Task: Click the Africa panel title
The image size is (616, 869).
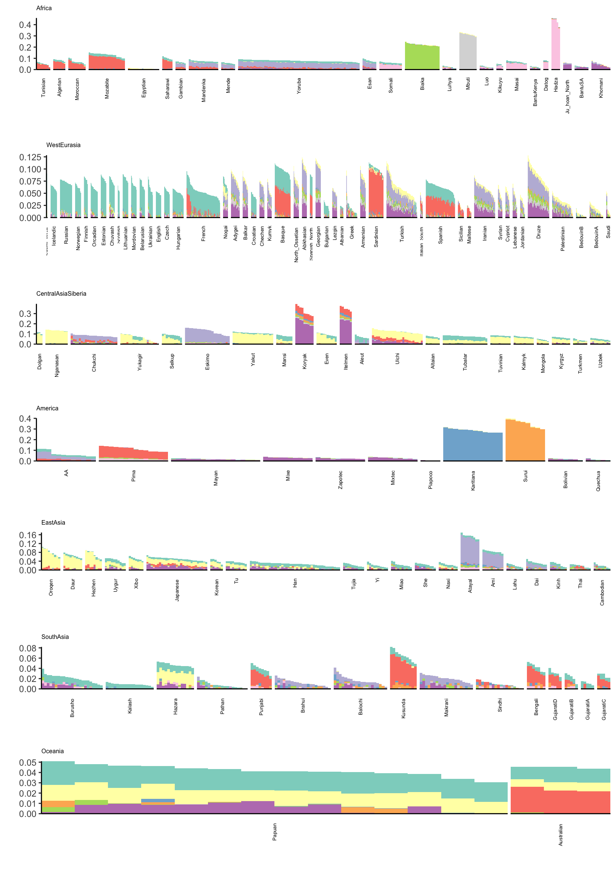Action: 44,8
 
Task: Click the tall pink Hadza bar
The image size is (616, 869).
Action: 555,46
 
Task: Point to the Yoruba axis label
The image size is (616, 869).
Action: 299,86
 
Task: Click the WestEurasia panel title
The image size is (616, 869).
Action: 63,145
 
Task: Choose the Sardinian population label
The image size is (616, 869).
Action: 376,237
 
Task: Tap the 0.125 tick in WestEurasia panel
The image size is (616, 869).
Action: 30,157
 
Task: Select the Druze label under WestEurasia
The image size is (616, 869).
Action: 539,232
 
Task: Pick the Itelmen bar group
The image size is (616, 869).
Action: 345,326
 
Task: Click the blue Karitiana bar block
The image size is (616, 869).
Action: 473,445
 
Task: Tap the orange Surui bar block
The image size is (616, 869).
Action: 525,442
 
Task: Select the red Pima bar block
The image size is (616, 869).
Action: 133,453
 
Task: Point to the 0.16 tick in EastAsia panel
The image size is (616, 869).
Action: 28,535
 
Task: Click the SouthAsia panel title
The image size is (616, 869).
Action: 55,637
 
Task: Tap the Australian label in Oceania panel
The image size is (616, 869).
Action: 561,835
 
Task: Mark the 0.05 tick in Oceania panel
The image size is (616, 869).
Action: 28,763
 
